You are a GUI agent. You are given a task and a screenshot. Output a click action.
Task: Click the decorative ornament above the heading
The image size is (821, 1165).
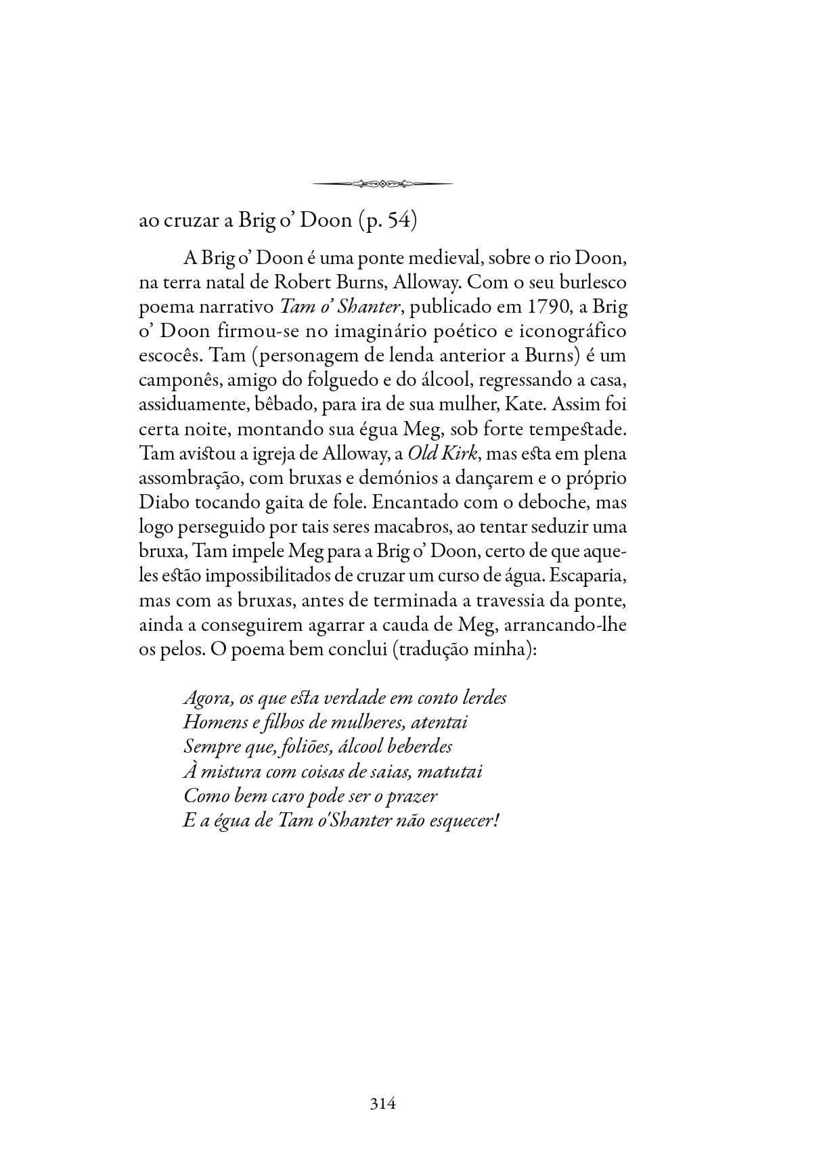point(383,183)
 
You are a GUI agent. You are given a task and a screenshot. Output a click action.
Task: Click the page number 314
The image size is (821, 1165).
point(382,1104)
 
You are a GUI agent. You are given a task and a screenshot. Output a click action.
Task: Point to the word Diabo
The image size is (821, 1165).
point(160,502)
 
